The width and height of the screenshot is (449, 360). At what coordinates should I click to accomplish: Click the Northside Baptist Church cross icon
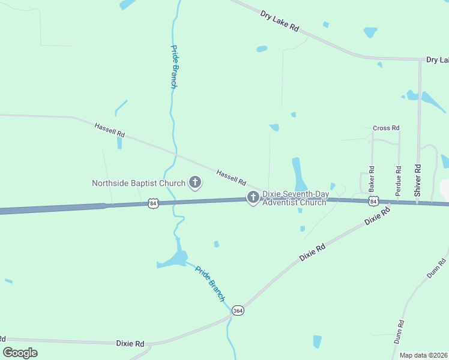(x=194, y=182)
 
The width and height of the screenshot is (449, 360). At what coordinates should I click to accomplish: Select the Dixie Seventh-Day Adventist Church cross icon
(x=253, y=197)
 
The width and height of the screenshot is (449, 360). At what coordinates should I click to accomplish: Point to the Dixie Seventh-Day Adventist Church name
(x=294, y=199)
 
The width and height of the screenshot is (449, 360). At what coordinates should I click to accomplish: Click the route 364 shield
(x=238, y=311)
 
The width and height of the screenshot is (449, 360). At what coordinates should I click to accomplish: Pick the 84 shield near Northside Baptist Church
(x=154, y=204)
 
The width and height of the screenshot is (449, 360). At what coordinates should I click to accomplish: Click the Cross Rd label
(x=386, y=128)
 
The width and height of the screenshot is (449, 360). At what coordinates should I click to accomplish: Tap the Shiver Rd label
(x=418, y=179)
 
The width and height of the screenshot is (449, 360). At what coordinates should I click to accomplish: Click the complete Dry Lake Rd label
(x=280, y=20)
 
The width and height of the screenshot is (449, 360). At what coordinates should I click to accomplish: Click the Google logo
(x=20, y=353)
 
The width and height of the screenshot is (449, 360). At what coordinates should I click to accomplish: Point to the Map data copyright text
(x=423, y=355)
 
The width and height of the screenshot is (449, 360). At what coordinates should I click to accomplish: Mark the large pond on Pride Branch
(x=175, y=259)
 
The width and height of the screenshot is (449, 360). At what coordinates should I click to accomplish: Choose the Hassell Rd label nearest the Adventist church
(x=231, y=176)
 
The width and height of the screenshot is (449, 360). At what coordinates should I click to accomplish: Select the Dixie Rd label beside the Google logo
(x=130, y=344)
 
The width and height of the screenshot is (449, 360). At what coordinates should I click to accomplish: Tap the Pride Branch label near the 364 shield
(x=210, y=283)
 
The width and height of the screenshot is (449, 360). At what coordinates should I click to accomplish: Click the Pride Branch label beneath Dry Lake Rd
(x=173, y=67)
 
